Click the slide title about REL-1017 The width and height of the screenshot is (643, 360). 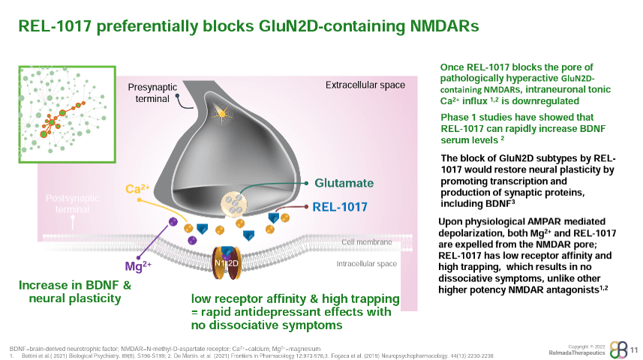[x=248, y=27]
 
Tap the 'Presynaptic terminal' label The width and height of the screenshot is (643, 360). [x=152, y=93]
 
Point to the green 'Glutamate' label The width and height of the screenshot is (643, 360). [x=344, y=183]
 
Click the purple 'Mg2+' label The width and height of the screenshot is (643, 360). [x=138, y=265]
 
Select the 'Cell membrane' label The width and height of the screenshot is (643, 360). [x=367, y=242]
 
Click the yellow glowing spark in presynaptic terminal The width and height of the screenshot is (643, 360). [x=221, y=113]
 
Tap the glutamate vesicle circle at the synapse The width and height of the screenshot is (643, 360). [x=236, y=204]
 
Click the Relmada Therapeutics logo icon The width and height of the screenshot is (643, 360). [x=615, y=349]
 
